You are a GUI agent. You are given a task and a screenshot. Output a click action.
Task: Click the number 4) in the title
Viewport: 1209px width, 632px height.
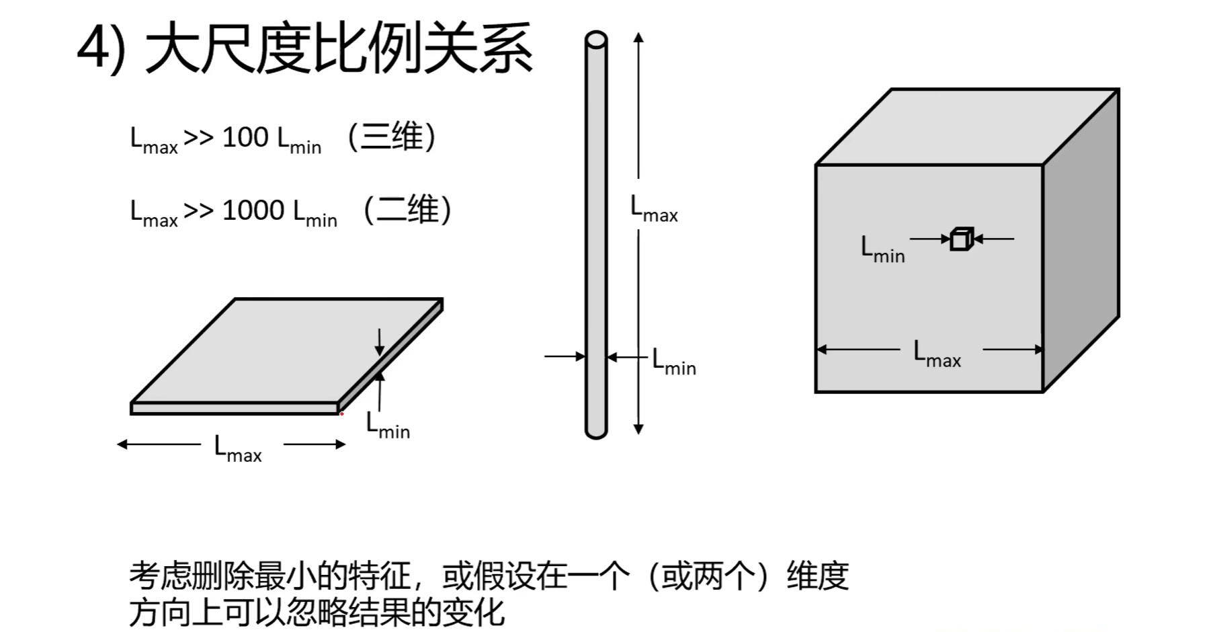pyautogui.click(x=101, y=48)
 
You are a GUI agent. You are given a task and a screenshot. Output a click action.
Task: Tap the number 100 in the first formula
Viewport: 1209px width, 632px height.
pyautogui.click(x=245, y=137)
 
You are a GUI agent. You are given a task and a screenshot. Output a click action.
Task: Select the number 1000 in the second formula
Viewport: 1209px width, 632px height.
pyautogui.click(x=253, y=210)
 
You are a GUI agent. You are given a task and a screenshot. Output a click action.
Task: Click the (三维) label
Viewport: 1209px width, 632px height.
pyautogui.click(x=392, y=136)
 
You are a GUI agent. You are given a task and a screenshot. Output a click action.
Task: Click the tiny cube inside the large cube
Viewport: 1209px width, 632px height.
pyautogui.click(x=962, y=239)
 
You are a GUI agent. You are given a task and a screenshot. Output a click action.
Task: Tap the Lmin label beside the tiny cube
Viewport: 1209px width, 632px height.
pyautogui.click(x=882, y=249)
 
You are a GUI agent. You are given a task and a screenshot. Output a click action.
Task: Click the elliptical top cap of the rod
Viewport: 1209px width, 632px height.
pyautogui.click(x=596, y=40)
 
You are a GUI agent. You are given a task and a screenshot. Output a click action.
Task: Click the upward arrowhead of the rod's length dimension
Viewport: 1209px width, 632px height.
pyautogui.click(x=638, y=38)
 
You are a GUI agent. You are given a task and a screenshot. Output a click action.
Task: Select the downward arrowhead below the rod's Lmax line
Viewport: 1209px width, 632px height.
pyautogui.click(x=638, y=429)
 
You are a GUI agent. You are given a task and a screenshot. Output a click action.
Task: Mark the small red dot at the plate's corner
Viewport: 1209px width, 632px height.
pyautogui.click(x=341, y=413)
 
